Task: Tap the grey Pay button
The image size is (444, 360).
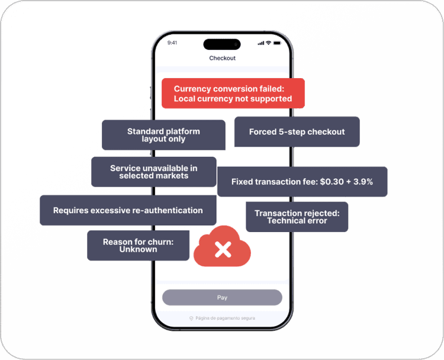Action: [x=222, y=297]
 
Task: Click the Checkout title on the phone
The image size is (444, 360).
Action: [x=222, y=58]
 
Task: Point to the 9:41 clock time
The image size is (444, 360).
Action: [x=172, y=43]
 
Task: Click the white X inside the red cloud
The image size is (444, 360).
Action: [x=223, y=249]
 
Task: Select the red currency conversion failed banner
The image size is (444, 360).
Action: [x=233, y=94]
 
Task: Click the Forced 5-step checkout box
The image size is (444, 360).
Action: [x=297, y=131]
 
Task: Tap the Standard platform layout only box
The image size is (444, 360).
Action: [x=163, y=135]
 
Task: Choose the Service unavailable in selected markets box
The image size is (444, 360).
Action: [x=154, y=172]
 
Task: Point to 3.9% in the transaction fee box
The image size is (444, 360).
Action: [x=363, y=182]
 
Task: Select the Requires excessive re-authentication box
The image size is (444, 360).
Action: [x=128, y=210]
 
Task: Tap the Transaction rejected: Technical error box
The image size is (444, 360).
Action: [x=297, y=217]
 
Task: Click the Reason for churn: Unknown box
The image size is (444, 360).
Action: [x=138, y=246]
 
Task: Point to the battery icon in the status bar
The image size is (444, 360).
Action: [x=277, y=43]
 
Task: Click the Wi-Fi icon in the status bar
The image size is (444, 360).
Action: [x=268, y=43]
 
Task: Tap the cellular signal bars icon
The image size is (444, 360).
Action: [x=261, y=43]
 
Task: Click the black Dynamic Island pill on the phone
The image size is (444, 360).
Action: [x=222, y=44]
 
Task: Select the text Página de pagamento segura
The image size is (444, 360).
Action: [x=225, y=318]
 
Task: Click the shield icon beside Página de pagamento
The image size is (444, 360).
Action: [x=191, y=318]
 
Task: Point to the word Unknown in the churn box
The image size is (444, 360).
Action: [x=138, y=249]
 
